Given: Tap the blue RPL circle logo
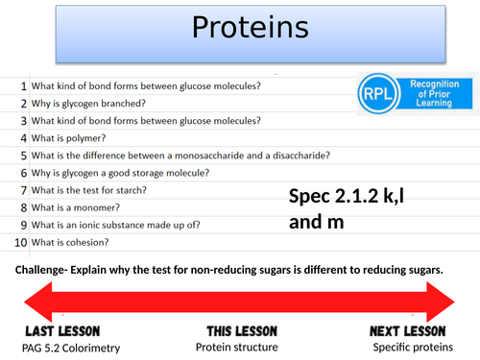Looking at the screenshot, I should pyautogui.click(x=377, y=96).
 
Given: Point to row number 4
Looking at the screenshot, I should pyautogui.click(x=22, y=138).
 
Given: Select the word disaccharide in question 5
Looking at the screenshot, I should pyautogui.click(x=298, y=156).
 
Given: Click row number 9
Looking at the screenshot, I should pyautogui.click(x=22, y=225).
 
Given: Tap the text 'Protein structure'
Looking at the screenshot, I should pyautogui.click(x=237, y=348).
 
